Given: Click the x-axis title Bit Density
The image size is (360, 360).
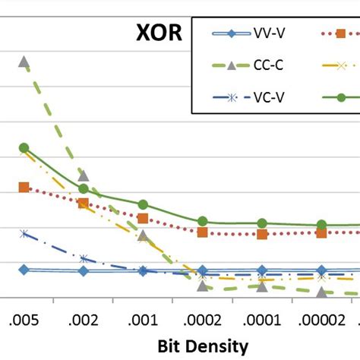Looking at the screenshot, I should click(203, 346).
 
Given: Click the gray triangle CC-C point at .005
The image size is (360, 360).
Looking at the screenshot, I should click(24, 62).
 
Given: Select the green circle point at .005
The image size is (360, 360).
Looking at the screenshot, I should click(24, 147).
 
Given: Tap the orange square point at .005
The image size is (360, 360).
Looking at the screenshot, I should click(24, 187).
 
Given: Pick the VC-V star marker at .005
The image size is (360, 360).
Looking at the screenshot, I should click(24, 234).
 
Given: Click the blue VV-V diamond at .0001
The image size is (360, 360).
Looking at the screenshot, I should click(262, 270).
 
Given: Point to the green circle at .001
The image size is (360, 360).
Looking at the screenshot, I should click(143, 204).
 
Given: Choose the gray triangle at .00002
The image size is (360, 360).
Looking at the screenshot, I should click(321, 292).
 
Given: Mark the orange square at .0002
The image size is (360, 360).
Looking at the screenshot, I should click(203, 232).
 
